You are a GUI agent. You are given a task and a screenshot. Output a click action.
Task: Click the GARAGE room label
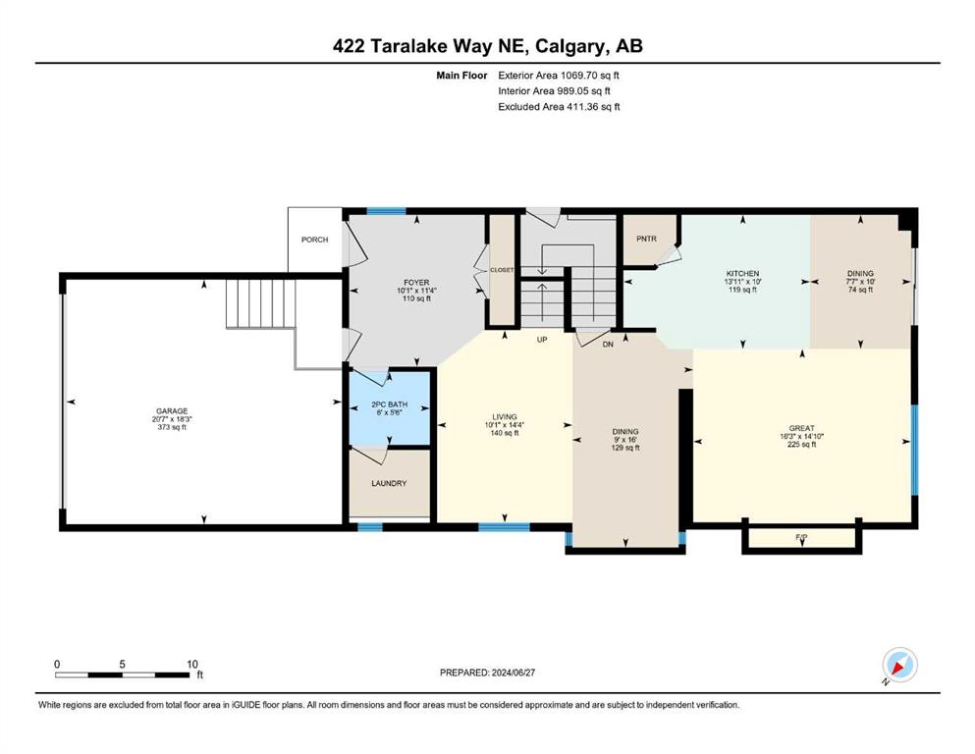tap(171, 411)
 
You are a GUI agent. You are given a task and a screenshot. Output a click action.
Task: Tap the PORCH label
tap(314, 240)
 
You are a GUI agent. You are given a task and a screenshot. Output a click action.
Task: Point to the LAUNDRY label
tap(389, 483)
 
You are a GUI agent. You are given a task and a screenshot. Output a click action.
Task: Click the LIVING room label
tap(505, 417)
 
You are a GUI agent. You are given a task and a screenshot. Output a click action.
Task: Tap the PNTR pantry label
tap(645, 239)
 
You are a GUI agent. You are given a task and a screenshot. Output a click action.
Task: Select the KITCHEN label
tap(742, 273)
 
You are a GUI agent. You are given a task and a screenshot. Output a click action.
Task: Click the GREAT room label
tap(802, 428)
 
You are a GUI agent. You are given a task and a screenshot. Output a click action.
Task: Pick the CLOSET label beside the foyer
tap(503, 269)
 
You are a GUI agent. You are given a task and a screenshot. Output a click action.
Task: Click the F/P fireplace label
tap(801, 537)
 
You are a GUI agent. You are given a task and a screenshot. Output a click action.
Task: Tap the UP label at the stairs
tap(540, 340)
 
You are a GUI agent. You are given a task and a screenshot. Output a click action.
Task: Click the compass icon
tap(899, 665)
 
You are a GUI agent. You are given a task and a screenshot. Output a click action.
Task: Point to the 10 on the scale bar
tap(192, 663)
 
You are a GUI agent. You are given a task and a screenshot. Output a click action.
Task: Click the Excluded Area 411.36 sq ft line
tap(559, 106)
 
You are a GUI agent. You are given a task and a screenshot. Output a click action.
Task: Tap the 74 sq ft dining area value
tap(860, 290)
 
